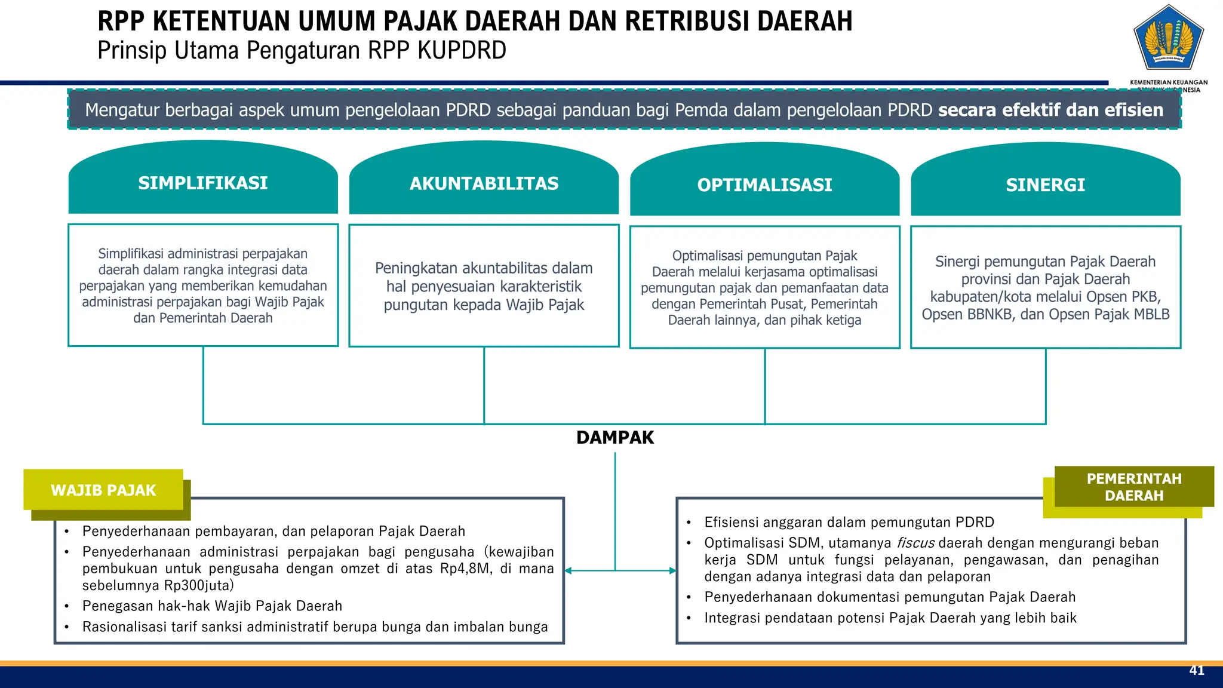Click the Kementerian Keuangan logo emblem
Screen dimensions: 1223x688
pos(1169,38)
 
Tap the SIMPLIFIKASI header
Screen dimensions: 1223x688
pos(203,183)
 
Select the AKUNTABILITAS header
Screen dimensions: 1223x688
pos(484,183)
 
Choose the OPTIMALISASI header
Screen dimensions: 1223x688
pos(764,185)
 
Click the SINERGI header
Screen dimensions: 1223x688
pos(1045,185)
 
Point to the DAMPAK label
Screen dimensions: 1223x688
pos(615,438)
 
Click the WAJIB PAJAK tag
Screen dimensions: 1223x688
pos(103,490)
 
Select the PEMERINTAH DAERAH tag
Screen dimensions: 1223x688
pos(1133,487)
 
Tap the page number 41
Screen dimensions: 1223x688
pos(1197,671)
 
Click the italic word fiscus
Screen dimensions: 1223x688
pos(915,543)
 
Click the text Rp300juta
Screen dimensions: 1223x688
pos(196,585)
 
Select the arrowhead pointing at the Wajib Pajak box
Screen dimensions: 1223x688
pos(568,571)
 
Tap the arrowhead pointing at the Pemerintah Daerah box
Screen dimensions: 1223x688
pos(672,571)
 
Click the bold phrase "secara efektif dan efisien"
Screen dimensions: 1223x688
pos(1050,110)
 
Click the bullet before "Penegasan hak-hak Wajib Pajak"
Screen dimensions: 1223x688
pos(67,606)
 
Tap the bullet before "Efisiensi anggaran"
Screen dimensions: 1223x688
pos(689,523)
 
